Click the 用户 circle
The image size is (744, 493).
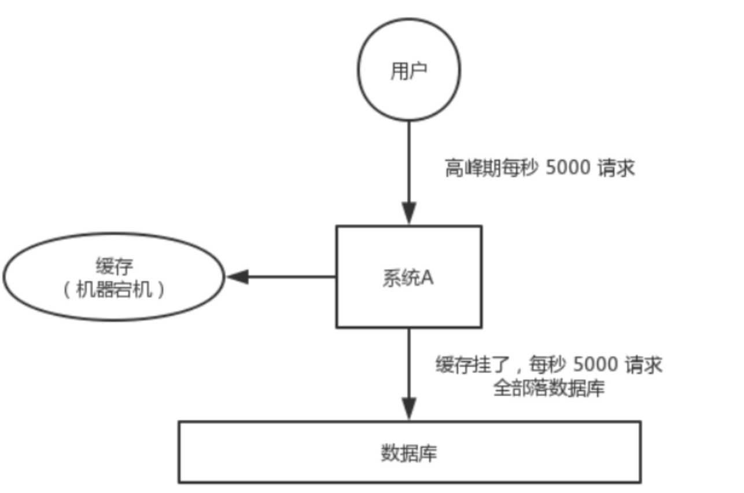click(409, 70)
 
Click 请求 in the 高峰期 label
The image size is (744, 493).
click(618, 168)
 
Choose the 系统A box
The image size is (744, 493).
click(409, 277)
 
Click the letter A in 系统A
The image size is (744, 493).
click(427, 277)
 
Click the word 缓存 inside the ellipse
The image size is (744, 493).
click(114, 267)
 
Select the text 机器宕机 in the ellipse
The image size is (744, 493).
click(114, 289)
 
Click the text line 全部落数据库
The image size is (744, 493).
click(548, 388)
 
